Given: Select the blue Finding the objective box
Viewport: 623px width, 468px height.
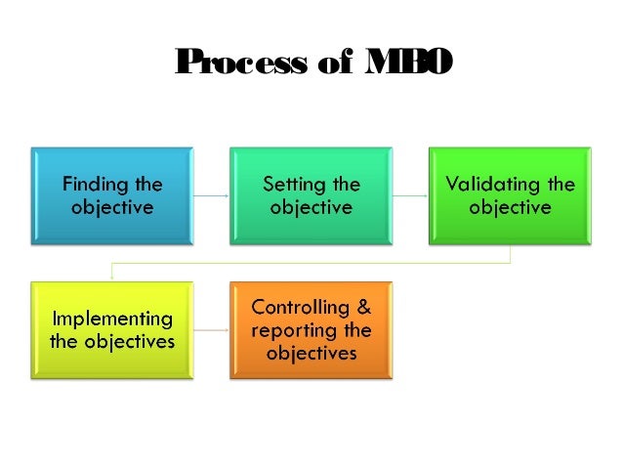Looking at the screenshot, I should (112, 195).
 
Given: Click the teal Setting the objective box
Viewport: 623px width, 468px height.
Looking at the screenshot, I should (311, 195).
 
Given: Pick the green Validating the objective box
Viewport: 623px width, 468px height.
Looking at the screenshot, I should (510, 195).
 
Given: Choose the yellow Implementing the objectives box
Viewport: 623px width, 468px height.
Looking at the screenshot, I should (112, 330).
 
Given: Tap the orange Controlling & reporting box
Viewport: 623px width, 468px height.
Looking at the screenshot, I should (311, 330).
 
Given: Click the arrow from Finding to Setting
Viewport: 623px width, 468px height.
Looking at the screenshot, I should (211, 195).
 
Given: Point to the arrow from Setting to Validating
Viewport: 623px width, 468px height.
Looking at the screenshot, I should (410, 195).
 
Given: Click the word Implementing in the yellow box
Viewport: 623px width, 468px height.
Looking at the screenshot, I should (111, 319).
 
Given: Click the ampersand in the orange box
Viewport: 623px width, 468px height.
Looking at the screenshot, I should (362, 307).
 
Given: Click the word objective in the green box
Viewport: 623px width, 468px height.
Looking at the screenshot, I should (510, 207).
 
